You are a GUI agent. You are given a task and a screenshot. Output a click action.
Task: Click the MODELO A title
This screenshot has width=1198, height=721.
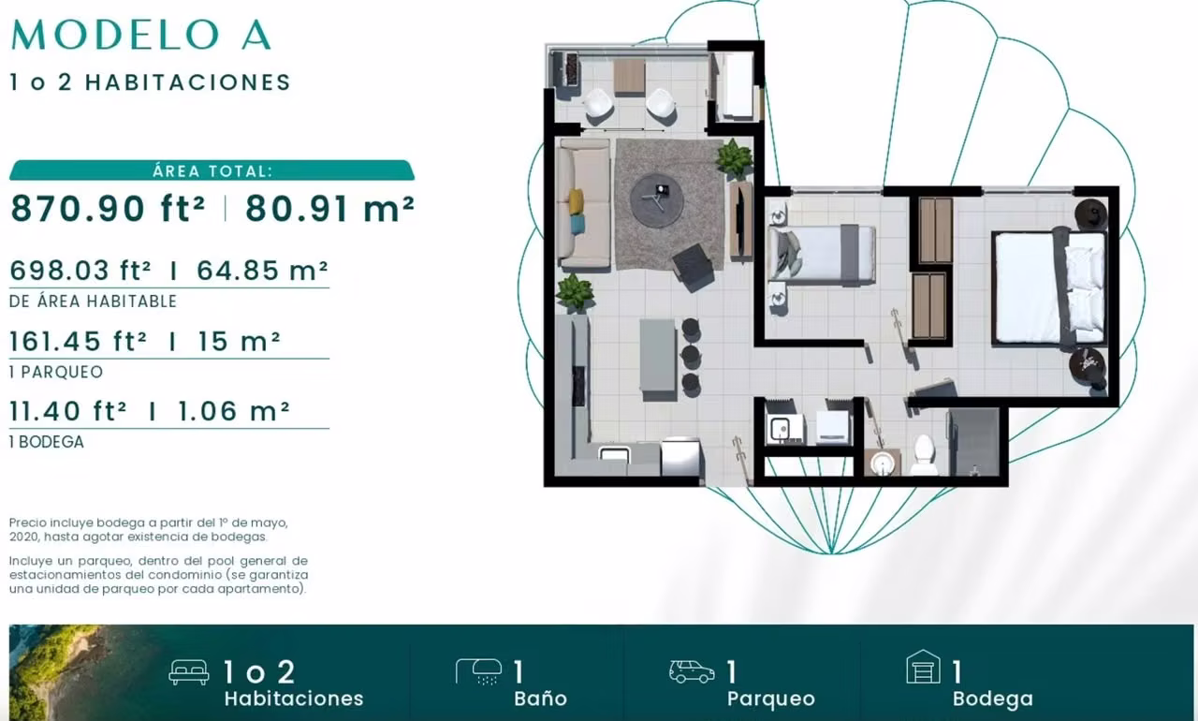click(x=140, y=36)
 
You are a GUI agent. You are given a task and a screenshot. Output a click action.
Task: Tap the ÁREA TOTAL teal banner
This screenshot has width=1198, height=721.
click(x=212, y=170)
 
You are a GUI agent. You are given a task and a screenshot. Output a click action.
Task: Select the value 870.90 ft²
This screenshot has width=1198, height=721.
click(x=108, y=208)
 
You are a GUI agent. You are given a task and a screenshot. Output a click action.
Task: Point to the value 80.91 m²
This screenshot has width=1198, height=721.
click(x=330, y=208)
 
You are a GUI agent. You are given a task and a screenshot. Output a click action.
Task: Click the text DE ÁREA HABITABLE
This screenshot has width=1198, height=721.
click(x=93, y=302)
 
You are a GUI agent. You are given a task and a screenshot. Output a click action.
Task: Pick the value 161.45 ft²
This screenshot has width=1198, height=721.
click(x=78, y=341)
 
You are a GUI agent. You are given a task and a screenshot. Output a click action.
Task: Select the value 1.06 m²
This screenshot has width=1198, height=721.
click(x=233, y=411)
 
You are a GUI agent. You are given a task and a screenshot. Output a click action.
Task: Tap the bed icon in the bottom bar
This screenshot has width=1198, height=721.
click(x=189, y=671)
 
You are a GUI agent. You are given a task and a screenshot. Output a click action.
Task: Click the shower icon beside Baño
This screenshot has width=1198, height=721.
click(x=478, y=671)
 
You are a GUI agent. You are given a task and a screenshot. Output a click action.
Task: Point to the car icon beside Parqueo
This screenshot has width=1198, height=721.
click(x=692, y=671)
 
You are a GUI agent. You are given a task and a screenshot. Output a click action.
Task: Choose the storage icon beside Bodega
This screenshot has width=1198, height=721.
click(x=923, y=667)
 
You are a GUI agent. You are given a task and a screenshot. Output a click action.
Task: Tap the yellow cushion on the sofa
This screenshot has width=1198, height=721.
click(x=576, y=201)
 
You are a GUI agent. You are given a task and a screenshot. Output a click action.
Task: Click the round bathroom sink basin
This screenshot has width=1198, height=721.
click(x=883, y=463)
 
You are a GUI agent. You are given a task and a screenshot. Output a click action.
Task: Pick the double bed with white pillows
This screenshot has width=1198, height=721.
click(x=1049, y=287)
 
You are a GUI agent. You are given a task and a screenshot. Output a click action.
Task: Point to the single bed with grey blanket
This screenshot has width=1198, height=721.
click(x=822, y=254)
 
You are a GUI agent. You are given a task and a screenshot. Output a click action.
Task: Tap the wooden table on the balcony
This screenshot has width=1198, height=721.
click(x=629, y=77)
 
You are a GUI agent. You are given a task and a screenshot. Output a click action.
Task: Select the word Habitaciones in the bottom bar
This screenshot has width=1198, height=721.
click(x=294, y=699)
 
